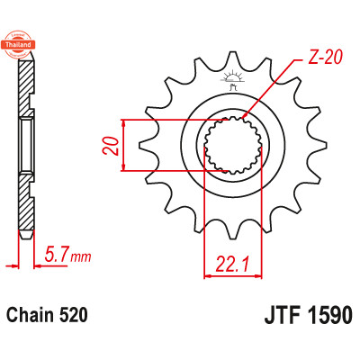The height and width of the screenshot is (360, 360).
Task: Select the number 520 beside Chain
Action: point(72,316)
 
